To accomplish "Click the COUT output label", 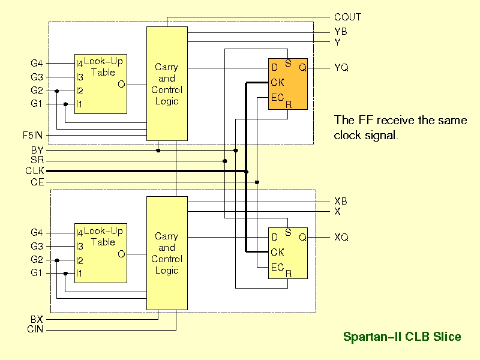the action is coord(347,17).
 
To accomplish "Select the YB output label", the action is coord(341,31).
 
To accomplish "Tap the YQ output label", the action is coord(341,67).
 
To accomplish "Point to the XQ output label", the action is coord(341,237).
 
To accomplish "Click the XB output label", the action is coord(341,201).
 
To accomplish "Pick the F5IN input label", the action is coord(33,135).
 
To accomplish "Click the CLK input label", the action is coord(35,170).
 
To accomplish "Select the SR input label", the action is coord(37,160).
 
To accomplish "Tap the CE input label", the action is coord(37,182).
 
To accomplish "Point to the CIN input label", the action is coord(35,329).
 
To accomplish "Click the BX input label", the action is coord(37,319).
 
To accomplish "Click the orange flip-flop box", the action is coord(288,84).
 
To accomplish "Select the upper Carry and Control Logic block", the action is coord(167,83).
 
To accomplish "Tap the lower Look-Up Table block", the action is coord(101,253).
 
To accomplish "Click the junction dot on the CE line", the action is coord(257,182).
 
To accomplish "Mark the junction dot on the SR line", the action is coord(224,161).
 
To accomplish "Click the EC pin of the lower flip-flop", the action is coord(277,267).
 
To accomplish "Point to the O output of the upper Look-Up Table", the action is coord(121,84).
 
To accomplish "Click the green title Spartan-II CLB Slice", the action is coord(402,337).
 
